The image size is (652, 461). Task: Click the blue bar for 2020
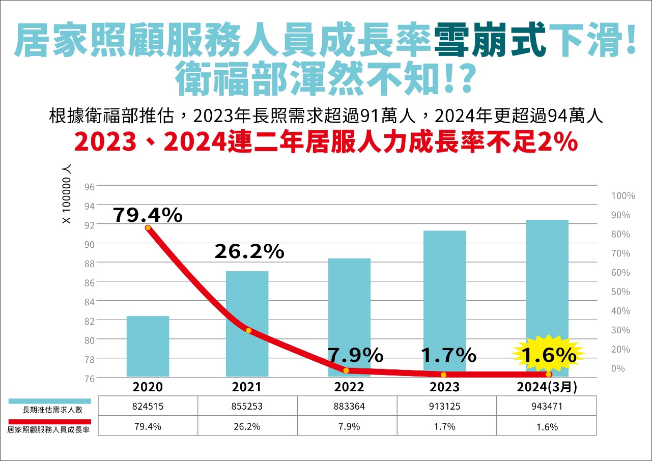point(148,346)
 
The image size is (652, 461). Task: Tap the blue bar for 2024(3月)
point(547,285)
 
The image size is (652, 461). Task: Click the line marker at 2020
point(148,227)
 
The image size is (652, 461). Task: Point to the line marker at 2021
point(248,331)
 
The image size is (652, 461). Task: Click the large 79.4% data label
point(148,215)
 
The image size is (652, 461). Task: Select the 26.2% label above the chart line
point(249,251)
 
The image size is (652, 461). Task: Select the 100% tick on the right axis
point(622,196)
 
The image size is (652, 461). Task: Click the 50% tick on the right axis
point(620,292)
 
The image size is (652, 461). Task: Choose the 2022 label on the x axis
point(349,387)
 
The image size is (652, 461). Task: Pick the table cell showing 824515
point(148,407)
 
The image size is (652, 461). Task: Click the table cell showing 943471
point(547,407)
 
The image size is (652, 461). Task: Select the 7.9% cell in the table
point(349,426)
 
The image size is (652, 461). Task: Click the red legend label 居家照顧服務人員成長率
point(49,429)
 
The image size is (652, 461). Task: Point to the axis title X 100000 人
point(67,194)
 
